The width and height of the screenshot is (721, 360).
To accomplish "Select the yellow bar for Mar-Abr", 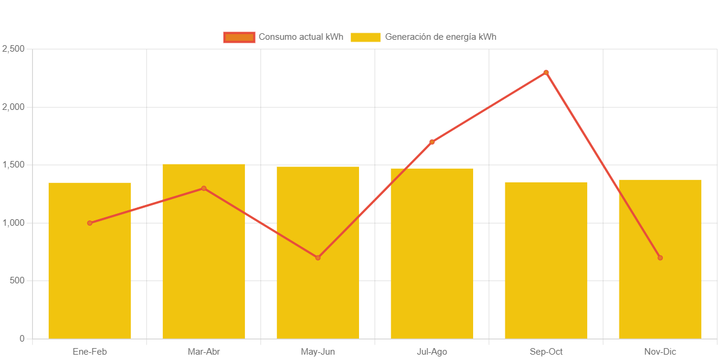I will (x=203, y=267).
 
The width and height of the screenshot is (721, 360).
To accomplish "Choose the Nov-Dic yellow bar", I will (x=660, y=297).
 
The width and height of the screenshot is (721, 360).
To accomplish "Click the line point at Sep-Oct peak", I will (x=546, y=72).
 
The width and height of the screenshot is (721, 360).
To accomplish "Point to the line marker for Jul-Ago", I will (x=432, y=142).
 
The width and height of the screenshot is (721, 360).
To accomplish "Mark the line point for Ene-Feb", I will (x=90, y=223).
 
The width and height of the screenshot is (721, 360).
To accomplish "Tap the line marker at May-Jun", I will (x=317, y=257).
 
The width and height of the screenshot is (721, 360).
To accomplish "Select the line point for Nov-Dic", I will (x=660, y=257).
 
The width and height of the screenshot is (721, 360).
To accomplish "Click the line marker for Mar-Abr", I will (x=203, y=188).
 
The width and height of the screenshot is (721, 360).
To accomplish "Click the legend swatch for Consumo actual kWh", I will (x=239, y=37).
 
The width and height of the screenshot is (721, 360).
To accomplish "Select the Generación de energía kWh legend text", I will (x=440, y=37).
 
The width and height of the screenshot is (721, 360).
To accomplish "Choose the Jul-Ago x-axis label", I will (x=432, y=352).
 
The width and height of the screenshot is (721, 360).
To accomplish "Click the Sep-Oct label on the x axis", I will (x=546, y=352).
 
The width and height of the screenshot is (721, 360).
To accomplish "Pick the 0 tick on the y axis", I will (x=22, y=339).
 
